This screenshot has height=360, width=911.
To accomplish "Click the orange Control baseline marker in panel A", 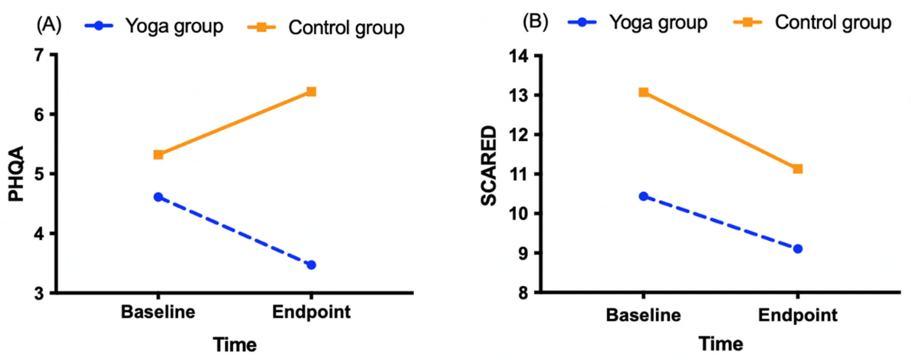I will tap(158, 155).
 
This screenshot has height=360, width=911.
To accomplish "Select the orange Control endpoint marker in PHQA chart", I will tap(311, 92).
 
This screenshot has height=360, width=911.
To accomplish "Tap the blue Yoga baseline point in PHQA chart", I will tap(158, 197).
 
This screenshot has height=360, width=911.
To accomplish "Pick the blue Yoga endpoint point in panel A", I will tap(311, 265).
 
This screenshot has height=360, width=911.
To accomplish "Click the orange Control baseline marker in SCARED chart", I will tap(643, 92).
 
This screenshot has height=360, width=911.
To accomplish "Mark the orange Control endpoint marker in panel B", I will tap(797, 169).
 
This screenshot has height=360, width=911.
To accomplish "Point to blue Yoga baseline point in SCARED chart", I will tap(643, 196).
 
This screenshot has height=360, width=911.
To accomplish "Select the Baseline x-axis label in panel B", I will tap(643, 315).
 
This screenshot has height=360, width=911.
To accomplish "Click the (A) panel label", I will tap(49, 25).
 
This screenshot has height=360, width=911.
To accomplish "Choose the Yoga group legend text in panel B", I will tap(658, 23).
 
